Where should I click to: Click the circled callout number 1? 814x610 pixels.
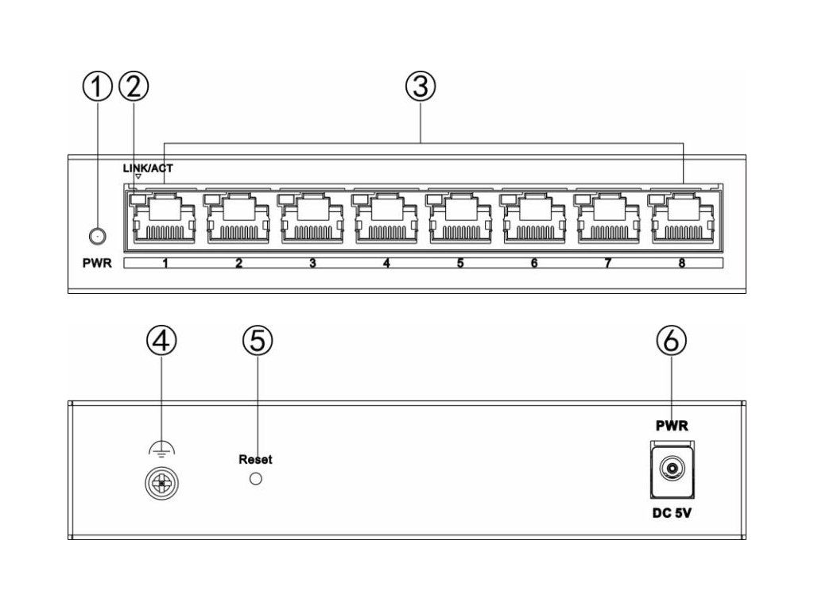97,86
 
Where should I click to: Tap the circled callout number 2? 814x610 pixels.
134,86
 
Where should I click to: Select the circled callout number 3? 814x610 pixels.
421,86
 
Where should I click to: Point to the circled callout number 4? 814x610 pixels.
161,340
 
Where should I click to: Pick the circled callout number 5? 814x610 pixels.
258,340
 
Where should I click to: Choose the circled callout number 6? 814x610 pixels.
671,340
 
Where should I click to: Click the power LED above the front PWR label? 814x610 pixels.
97,236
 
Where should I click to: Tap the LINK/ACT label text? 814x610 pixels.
148,168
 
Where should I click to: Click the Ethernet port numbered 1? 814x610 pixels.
165,218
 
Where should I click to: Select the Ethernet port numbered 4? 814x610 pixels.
386,218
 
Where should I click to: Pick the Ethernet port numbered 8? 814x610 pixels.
682,218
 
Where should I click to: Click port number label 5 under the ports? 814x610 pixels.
460,263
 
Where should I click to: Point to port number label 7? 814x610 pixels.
608,263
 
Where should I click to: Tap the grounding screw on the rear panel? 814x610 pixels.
161,484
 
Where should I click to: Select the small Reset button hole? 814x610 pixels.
255,478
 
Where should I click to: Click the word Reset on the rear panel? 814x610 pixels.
255,460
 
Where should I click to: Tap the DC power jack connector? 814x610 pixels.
672,470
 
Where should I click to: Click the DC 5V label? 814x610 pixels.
672,514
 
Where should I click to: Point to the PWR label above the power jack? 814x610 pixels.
672,426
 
